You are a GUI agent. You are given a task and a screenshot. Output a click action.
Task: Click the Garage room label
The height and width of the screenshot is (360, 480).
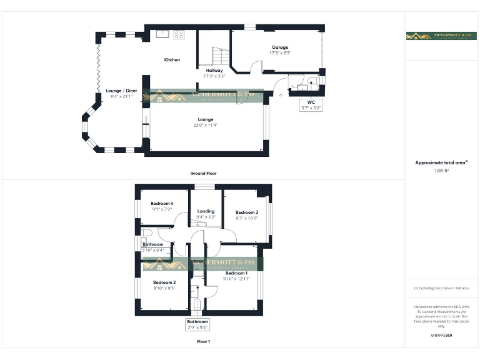click(280, 47)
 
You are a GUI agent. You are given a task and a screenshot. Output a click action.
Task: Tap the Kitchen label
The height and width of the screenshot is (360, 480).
click(172, 60)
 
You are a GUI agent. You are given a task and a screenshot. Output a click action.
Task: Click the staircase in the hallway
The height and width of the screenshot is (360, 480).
click(218, 57)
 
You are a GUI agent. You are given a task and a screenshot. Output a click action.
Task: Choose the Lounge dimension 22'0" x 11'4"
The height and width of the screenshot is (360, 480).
click(206, 125)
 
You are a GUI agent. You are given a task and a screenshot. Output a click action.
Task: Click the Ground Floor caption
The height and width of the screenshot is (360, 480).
click(203, 173)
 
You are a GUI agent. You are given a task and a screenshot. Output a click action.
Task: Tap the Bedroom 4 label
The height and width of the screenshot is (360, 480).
click(162, 204)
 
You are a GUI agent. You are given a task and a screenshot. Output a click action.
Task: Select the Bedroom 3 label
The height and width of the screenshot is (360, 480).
click(247, 212)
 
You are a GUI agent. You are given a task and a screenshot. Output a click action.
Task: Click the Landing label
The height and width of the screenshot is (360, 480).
click(206, 211)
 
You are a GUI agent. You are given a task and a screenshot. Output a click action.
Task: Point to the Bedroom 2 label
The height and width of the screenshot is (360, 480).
click(164, 282)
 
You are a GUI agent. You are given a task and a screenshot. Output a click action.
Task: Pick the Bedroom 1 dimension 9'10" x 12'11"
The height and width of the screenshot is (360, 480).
click(236, 279)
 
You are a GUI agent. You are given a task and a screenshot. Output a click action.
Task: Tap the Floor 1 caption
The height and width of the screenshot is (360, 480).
click(203, 342)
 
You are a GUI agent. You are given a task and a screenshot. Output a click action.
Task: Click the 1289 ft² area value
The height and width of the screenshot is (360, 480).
click(441, 170)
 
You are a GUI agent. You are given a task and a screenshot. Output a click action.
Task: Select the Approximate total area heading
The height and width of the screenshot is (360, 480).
click(441, 162)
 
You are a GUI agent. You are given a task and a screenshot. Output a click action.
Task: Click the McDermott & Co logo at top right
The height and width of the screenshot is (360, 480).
click(441, 36)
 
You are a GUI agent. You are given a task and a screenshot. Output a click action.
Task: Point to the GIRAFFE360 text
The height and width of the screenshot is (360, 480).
click(441, 336)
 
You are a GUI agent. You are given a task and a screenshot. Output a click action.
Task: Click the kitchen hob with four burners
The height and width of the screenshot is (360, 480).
click(178, 34)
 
